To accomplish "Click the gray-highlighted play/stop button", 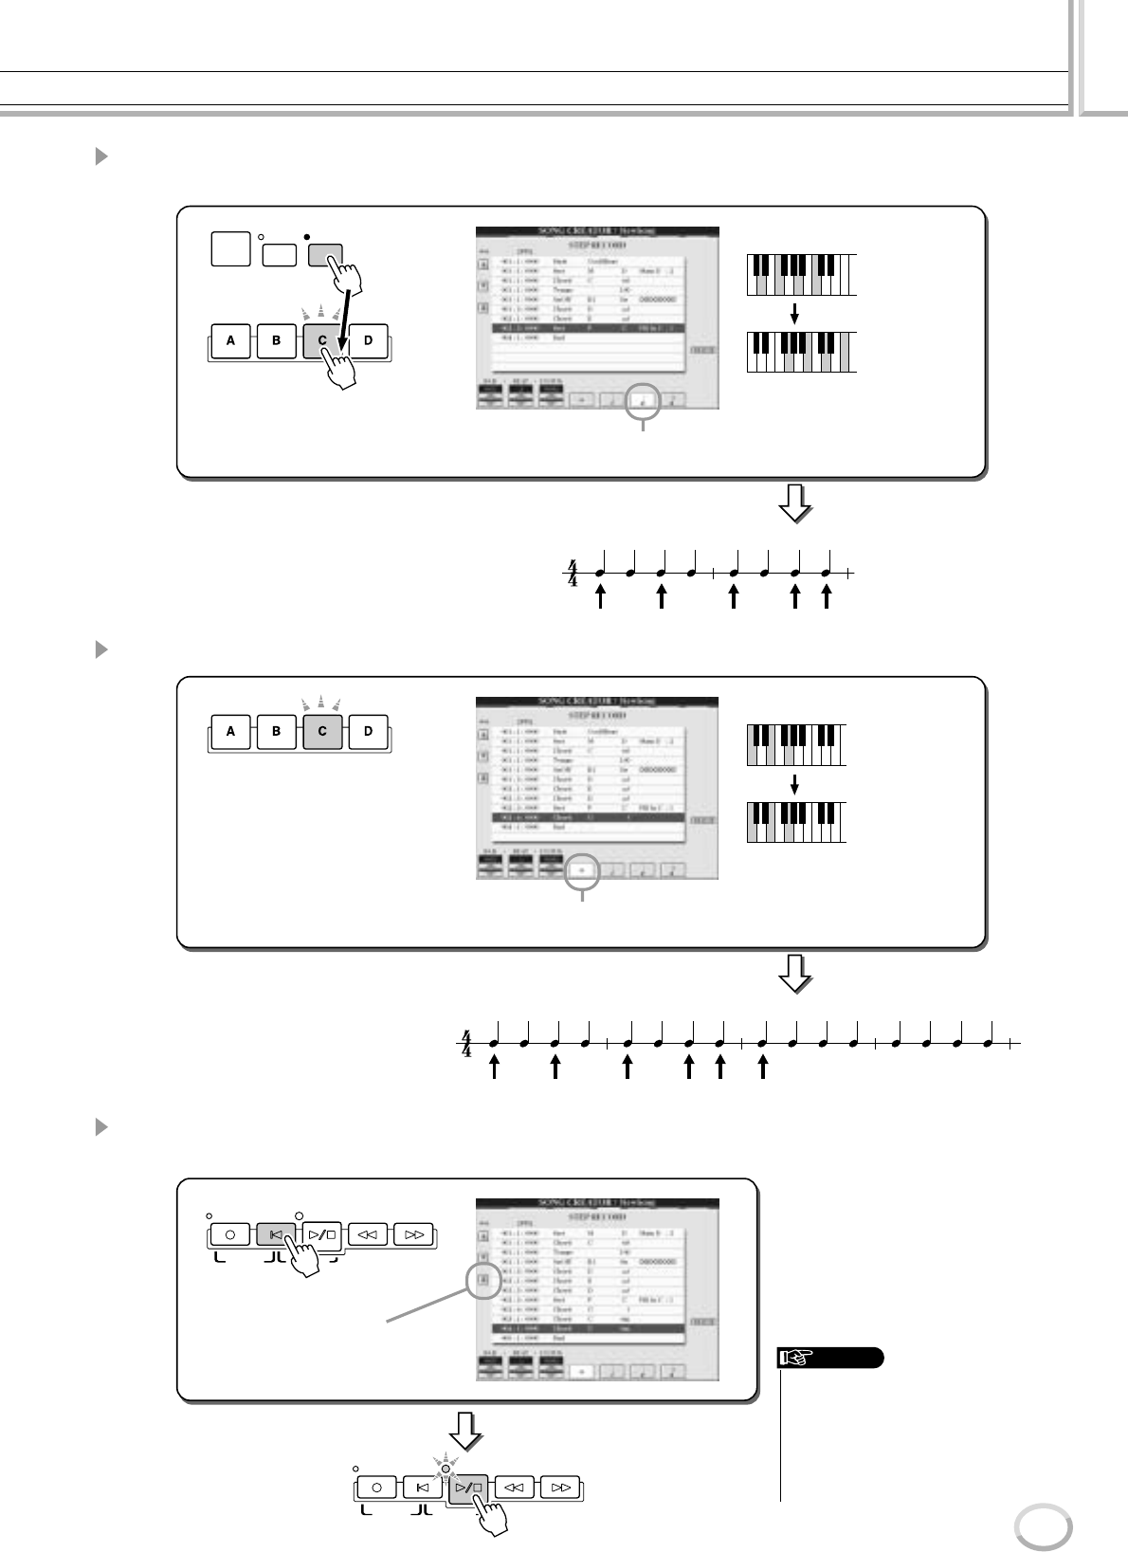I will [468, 1488].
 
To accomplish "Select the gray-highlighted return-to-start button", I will [276, 1234].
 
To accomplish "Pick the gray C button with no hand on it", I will [322, 731].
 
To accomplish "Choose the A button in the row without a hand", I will [230, 731].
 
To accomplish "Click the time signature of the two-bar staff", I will [572, 573].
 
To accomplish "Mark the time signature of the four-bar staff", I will [465, 1044].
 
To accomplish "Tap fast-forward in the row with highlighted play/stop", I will [560, 1488].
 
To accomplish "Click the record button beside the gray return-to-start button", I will [230, 1234].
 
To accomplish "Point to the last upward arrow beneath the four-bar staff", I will [764, 1067].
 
